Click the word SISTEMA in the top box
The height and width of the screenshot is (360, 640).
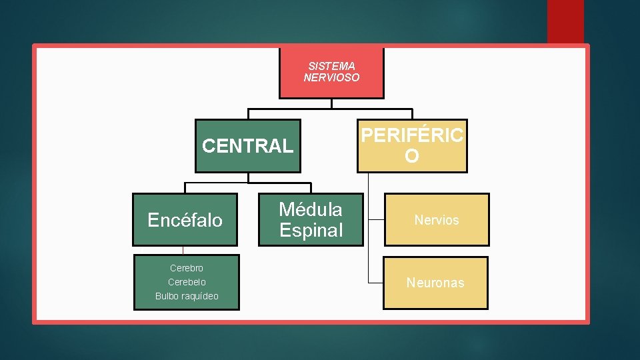[x=331, y=66]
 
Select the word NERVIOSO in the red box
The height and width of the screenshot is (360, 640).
[x=331, y=77]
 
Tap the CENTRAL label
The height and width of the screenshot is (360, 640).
[x=247, y=146]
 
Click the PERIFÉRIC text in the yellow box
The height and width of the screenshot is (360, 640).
[x=412, y=135]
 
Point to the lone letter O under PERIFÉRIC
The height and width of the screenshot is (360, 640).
[x=412, y=156]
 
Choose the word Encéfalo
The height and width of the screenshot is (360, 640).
[x=185, y=220]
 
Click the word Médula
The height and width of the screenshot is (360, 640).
[x=311, y=209]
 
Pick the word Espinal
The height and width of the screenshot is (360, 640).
[x=311, y=231]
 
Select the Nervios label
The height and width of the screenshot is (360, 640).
[x=437, y=220]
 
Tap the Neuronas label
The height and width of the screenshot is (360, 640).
[x=435, y=283]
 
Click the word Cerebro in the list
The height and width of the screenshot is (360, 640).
[x=187, y=268]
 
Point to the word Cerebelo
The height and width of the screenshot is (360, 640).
[x=187, y=282]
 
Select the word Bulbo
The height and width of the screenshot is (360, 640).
[x=167, y=296]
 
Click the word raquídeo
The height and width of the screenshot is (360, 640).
[x=201, y=296]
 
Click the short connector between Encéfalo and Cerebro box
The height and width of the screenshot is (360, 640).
[x=183, y=251]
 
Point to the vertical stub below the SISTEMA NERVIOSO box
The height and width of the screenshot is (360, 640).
[x=331, y=103]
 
